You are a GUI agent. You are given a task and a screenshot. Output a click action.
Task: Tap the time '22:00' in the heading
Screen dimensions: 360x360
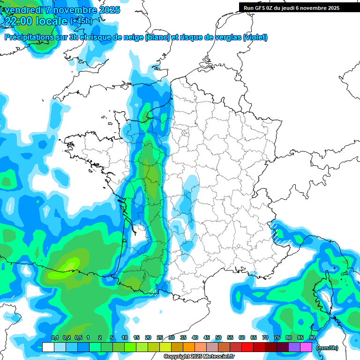(x=19, y=21)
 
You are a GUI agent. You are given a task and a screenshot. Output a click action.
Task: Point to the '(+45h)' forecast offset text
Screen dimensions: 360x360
(x=81, y=21)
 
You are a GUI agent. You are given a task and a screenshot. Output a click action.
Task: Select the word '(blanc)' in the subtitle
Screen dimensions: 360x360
(x=158, y=37)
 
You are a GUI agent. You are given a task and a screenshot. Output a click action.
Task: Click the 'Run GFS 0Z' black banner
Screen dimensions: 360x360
(x=291, y=8)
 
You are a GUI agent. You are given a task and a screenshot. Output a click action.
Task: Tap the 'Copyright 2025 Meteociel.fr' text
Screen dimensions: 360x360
(x=199, y=357)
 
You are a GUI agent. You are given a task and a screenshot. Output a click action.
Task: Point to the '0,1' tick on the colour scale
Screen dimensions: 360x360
(x=54, y=338)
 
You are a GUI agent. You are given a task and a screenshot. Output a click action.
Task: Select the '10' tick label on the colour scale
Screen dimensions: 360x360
(x=125, y=338)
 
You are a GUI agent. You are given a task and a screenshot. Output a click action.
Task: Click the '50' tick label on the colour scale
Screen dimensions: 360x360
(x=218, y=338)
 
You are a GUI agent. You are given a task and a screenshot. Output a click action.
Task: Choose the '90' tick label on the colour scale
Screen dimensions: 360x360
(x=312, y=338)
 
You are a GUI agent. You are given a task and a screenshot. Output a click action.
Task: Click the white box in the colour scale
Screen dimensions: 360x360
(x=48, y=347)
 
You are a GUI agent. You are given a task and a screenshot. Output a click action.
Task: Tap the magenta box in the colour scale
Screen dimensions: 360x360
(x=306, y=347)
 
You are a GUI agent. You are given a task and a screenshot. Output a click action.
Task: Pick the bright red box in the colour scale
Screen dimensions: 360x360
(x=247, y=347)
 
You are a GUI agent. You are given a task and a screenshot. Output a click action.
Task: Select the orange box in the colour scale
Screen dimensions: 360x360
(x=188, y=347)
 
